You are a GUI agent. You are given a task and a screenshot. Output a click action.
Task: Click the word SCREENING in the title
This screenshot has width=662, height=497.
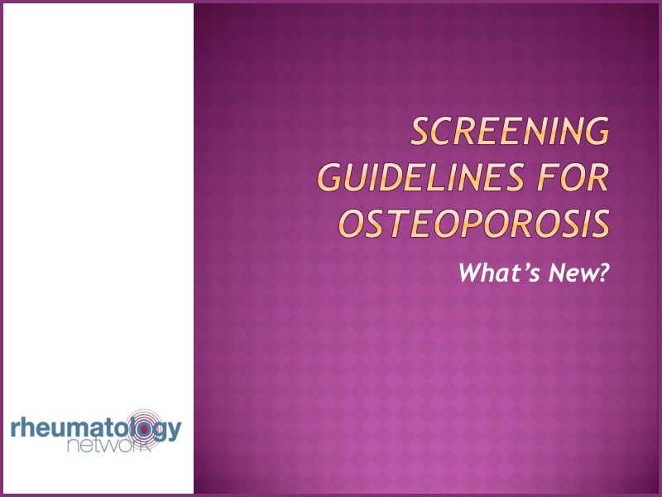[510, 133]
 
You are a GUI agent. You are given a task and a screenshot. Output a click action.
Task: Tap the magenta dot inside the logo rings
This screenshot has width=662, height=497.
[144, 428]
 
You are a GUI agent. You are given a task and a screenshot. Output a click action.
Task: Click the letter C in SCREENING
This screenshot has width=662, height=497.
[449, 133]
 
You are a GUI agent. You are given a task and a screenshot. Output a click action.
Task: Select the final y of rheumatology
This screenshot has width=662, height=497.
[173, 432]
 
